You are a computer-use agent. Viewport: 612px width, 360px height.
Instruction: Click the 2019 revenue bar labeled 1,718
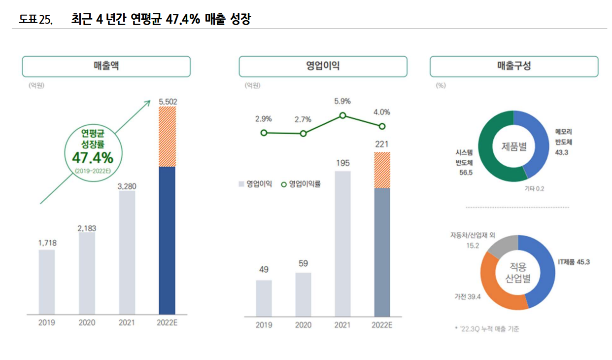(47, 282)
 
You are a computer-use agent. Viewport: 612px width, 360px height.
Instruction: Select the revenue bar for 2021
(127, 252)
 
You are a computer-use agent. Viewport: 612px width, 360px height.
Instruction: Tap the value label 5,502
(168, 102)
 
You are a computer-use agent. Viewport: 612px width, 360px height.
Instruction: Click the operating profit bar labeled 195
(342, 244)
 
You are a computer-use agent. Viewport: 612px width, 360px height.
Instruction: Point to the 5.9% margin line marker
(342, 116)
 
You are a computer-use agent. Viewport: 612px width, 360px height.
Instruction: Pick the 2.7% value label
(303, 120)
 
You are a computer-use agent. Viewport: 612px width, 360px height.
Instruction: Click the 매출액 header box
(106, 67)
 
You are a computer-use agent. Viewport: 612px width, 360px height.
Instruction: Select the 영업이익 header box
(323, 67)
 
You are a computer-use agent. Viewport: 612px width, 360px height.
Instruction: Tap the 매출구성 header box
(514, 67)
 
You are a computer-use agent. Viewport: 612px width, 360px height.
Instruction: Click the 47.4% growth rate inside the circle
(93, 158)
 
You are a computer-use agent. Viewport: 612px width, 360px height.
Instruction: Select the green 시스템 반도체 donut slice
(490, 148)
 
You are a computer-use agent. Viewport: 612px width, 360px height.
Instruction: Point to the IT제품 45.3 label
(574, 262)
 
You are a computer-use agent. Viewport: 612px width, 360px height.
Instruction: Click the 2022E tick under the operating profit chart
(381, 325)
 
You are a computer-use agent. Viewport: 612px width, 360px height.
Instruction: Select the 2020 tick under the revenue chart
(87, 323)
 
